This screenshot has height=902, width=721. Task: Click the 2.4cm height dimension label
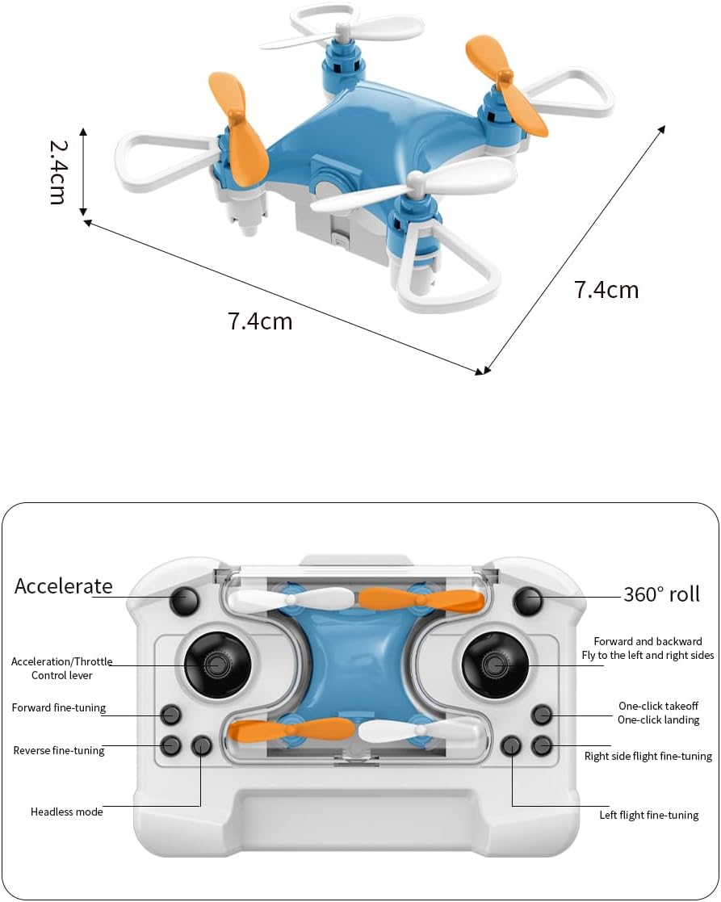click(57, 171)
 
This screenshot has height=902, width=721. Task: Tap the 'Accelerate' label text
click(64, 586)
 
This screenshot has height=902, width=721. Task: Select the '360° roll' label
click(661, 594)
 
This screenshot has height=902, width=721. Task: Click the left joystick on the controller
click(217, 665)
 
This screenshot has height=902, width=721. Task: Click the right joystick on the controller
click(495, 665)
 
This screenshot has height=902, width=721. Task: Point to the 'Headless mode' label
click(67, 812)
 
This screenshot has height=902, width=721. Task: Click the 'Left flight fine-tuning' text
click(649, 815)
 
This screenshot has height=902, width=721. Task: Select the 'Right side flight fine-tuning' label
click(648, 757)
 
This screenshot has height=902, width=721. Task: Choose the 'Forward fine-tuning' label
click(59, 708)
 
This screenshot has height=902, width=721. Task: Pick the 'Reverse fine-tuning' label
click(59, 751)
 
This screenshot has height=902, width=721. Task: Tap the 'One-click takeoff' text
click(658, 706)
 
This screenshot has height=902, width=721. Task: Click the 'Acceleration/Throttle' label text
click(62, 662)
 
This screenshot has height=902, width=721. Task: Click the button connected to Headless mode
click(201, 745)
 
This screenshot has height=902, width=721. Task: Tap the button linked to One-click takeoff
click(542, 715)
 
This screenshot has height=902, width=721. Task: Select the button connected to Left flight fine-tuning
click(511, 745)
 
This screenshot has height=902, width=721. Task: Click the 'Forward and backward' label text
click(648, 641)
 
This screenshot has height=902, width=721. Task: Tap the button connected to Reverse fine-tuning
click(170, 745)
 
